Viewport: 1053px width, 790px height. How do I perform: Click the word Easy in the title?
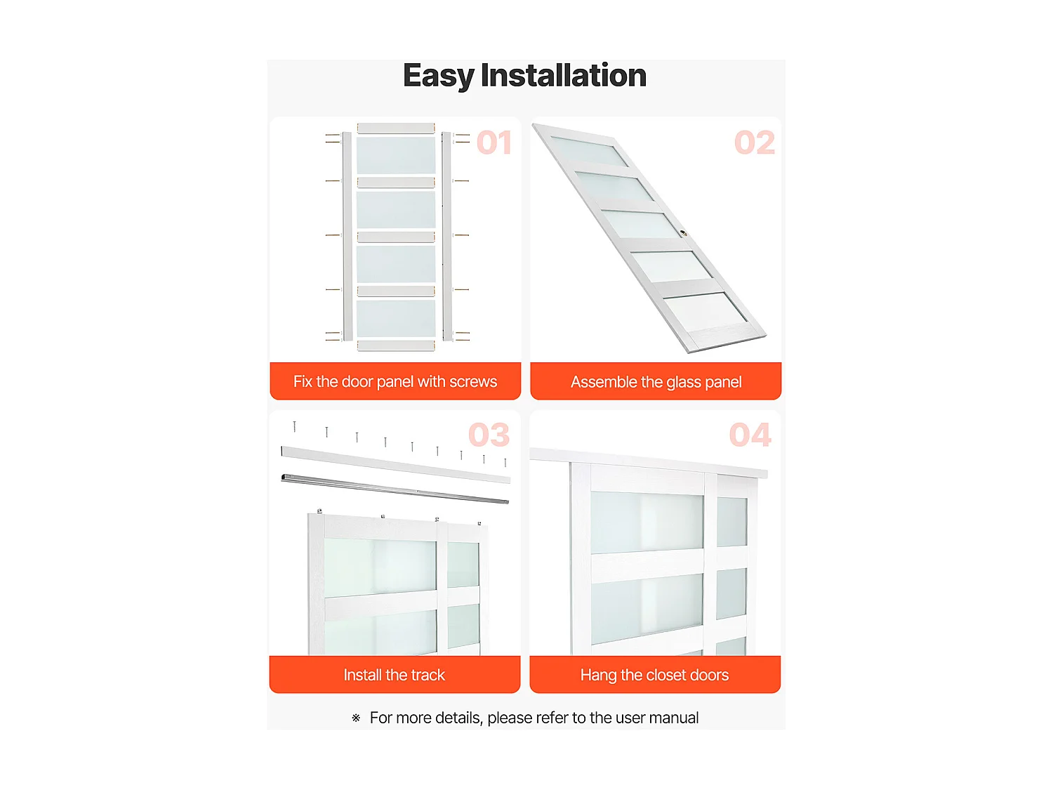439,77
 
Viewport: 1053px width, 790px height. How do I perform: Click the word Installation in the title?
564,75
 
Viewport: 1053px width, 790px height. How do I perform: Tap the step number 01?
494,143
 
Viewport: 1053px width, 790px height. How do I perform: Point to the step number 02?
755,143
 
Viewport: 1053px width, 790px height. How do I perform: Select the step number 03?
489,435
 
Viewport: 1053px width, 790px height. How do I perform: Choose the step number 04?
750,435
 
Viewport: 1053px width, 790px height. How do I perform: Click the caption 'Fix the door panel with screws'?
395,381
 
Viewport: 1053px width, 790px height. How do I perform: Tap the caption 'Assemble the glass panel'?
656,382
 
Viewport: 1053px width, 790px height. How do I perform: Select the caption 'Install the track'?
395,675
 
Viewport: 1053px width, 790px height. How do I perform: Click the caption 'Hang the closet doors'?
654,675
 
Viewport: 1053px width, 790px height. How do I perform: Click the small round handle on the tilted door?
684,234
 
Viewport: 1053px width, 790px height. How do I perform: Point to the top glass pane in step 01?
396,155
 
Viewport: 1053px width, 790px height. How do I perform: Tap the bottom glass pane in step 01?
396,318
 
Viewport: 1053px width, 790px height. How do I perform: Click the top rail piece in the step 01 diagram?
396,128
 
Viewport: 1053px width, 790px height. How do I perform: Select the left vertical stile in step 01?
347,237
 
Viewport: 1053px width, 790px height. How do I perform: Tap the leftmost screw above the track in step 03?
295,426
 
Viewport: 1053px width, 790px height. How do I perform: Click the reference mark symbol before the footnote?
356,718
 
